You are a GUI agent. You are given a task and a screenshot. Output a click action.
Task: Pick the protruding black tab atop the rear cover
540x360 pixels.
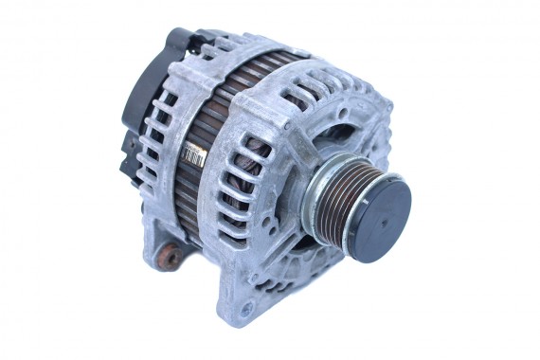coord(180,41)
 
